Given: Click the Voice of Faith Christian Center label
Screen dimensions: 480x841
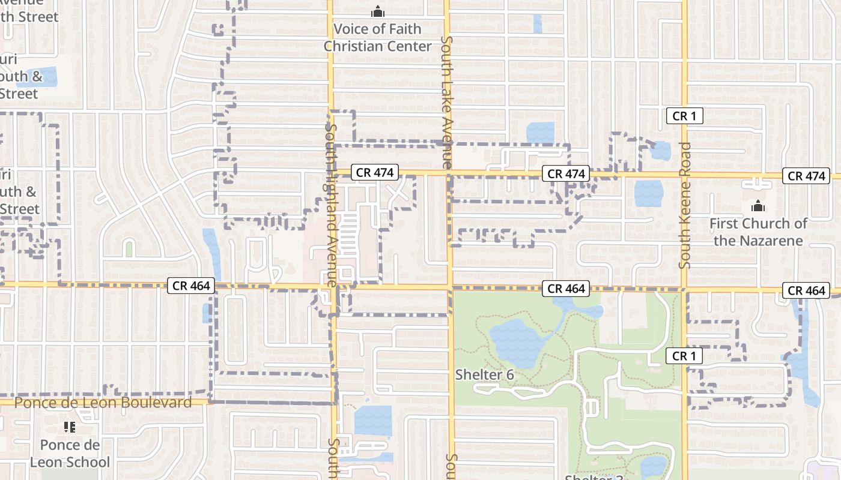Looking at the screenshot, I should pyautogui.click(x=378, y=37).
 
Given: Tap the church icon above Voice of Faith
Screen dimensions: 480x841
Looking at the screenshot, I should pyautogui.click(x=377, y=11).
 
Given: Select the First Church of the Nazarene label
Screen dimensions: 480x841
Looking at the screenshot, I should pyautogui.click(x=758, y=232).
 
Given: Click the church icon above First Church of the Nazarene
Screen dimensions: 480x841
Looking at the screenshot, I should pyautogui.click(x=758, y=206).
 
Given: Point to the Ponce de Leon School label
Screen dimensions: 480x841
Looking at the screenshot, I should pyautogui.click(x=70, y=454).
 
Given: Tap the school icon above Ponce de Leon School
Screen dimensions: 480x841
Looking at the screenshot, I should pyautogui.click(x=70, y=427).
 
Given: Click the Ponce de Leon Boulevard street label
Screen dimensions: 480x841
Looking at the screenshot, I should pyautogui.click(x=103, y=402).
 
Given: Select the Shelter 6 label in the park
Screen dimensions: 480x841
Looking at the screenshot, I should pyautogui.click(x=484, y=375).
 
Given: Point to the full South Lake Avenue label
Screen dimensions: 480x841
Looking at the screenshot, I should pyautogui.click(x=446, y=102).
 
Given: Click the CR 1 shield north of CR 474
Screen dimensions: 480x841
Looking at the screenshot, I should pyautogui.click(x=684, y=116).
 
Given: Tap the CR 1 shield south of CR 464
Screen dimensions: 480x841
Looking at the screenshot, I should pyautogui.click(x=684, y=356).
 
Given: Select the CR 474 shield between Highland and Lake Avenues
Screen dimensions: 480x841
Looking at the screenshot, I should pyautogui.click(x=375, y=173).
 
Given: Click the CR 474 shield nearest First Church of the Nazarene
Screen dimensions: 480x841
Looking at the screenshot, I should pyautogui.click(x=807, y=176).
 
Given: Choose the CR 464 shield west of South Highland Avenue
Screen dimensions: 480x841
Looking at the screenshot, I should pyautogui.click(x=191, y=286).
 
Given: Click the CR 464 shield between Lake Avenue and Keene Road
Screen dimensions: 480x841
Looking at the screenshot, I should pyautogui.click(x=566, y=289).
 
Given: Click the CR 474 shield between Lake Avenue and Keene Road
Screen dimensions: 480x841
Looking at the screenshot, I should pyautogui.click(x=566, y=174).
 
